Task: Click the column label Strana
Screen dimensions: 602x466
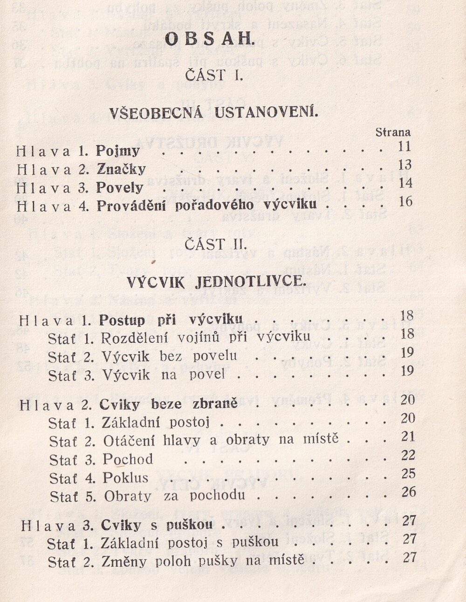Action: (393, 132)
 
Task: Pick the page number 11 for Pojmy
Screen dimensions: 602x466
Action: (404, 146)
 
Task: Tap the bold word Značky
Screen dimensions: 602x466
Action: (121, 169)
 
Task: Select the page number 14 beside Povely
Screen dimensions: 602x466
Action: (405, 183)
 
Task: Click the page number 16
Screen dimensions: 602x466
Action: (405, 201)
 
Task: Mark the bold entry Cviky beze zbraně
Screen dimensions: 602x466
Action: (169, 404)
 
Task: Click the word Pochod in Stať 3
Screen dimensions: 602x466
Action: (128, 459)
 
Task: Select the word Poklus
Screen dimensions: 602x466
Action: (125, 478)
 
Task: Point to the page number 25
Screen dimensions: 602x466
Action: (408, 473)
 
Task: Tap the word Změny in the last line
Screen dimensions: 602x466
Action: (122, 560)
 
